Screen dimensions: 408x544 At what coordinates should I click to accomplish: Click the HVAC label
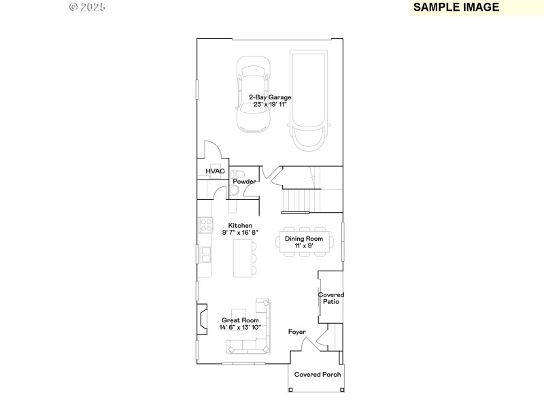pyautogui.click(x=215, y=171)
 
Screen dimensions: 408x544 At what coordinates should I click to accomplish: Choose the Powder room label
pyautogui.click(x=245, y=182)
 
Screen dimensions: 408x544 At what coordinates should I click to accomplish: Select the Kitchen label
pyautogui.click(x=240, y=225)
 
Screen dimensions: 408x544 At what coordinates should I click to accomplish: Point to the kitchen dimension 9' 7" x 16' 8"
pyautogui.click(x=240, y=233)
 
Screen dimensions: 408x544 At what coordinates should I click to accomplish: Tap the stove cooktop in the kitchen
pyautogui.click(x=204, y=225)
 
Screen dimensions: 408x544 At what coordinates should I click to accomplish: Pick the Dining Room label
pyautogui.click(x=303, y=239)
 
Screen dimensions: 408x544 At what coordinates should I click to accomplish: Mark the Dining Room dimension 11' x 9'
pyautogui.click(x=303, y=245)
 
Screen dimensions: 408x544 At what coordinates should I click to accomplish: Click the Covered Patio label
pyautogui.click(x=331, y=298)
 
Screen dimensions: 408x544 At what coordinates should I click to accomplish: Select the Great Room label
pyautogui.click(x=240, y=320)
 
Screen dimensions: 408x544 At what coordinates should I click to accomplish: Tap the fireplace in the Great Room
pyautogui.click(x=202, y=319)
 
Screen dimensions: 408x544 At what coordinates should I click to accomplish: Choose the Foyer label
pyautogui.click(x=297, y=333)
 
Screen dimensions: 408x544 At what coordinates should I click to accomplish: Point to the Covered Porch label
pyautogui.click(x=318, y=375)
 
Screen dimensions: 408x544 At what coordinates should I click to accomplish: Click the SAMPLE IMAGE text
pyautogui.click(x=456, y=7)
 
